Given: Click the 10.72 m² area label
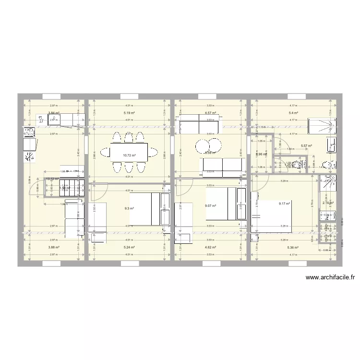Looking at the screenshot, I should [129, 156].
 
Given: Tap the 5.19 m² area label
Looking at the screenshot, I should [129, 114].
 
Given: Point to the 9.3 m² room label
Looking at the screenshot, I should [129, 208].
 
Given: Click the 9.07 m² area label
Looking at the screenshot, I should [210, 206].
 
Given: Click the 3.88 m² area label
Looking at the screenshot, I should [53, 248].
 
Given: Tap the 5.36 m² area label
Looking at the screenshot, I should [293, 248].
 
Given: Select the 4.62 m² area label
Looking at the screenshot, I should [210, 248].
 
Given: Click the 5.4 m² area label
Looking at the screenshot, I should [293, 114].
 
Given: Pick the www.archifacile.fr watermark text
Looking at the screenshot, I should [330, 277].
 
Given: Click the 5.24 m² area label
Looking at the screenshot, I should [129, 248].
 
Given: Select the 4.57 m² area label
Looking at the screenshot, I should [210, 114].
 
